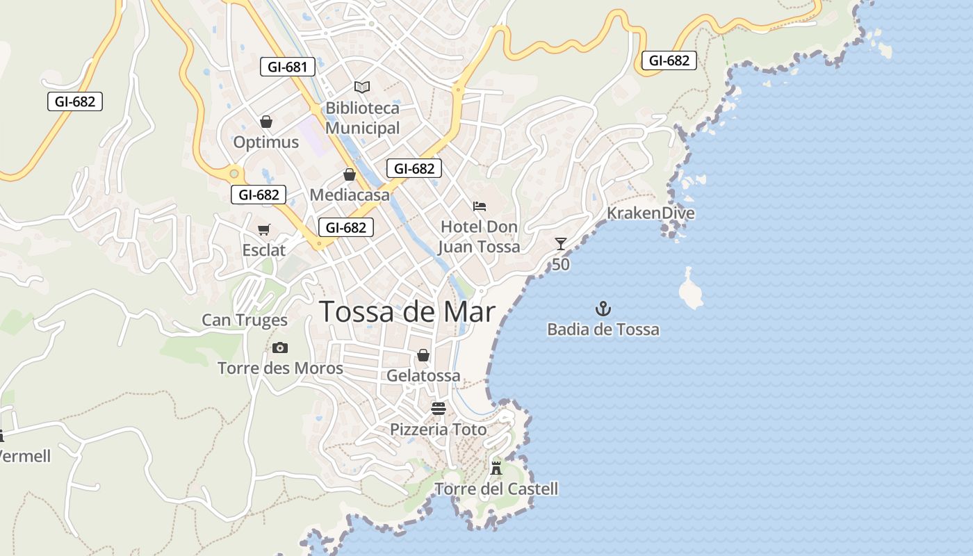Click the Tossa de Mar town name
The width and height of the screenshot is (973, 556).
[x=407, y=312]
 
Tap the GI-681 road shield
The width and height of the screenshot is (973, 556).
[x=287, y=67]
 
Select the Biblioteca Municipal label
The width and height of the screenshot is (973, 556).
[x=362, y=118]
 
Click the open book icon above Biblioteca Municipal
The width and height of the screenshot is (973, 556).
[x=361, y=87]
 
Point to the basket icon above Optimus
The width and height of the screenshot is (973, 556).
[x=265, y=122]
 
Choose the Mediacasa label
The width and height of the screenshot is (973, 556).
[x=350, y=195]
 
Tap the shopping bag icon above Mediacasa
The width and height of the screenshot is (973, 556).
[x=350, y=174]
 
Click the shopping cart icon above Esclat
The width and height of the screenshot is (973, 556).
[x=263, y=229]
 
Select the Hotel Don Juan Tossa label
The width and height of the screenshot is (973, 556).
[x=479, y=236]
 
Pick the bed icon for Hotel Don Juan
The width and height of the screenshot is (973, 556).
[x=479, y=206]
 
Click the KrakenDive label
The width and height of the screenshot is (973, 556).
[x=651, y=213]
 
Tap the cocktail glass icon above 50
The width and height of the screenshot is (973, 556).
[x=561, y=243]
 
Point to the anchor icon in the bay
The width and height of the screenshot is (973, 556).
[x=603, y=308]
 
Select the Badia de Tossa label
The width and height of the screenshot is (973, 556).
[x=603, y=329]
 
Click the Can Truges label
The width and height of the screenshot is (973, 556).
[x=245, y=320]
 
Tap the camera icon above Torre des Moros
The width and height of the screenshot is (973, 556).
[x=280, y=347]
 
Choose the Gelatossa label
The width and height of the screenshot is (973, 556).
[x=423, y=376]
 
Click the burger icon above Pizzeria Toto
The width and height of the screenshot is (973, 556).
[x=438, y=408]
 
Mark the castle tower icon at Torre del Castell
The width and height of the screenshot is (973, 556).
[x=496, y=467]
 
